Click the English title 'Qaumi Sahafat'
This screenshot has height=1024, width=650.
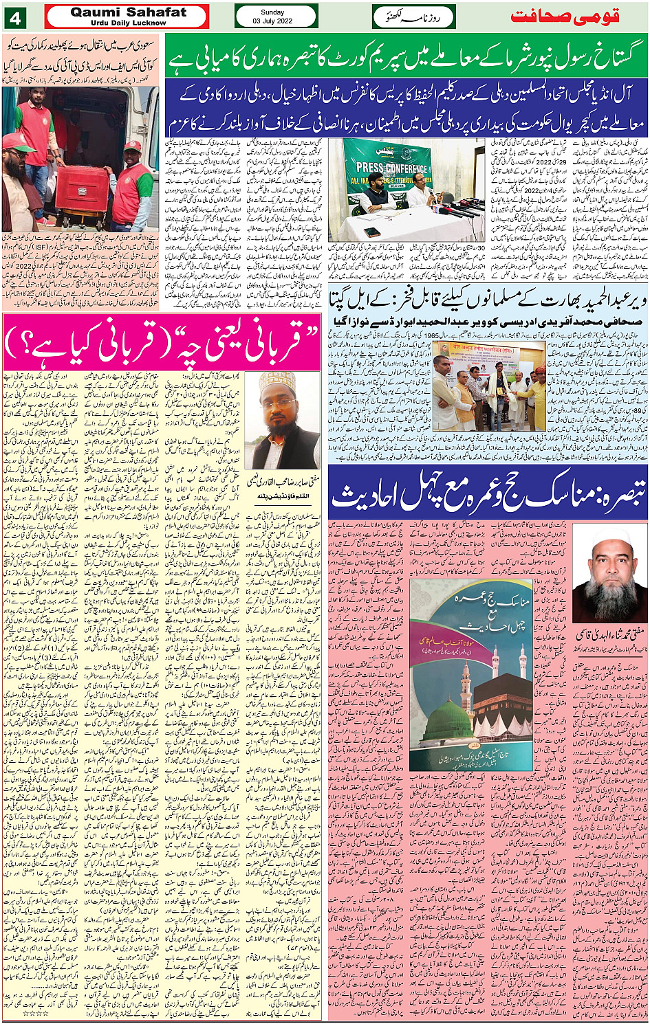[129, 12]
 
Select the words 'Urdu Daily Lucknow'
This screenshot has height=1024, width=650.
[129, 23]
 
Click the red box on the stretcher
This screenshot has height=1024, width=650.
[83, 192]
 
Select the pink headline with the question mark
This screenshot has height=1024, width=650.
[162, 342]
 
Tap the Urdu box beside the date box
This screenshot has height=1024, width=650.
[413, 16]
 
